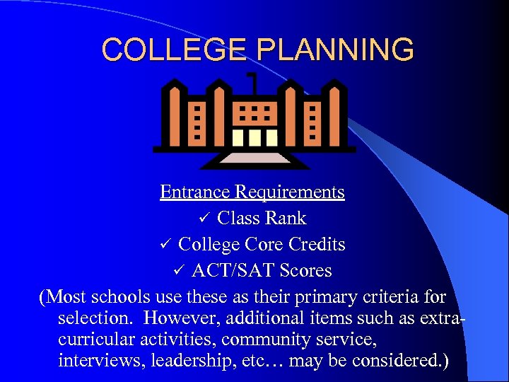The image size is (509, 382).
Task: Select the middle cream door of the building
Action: coord(254,136)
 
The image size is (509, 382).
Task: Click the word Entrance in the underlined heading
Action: coord(195,192)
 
